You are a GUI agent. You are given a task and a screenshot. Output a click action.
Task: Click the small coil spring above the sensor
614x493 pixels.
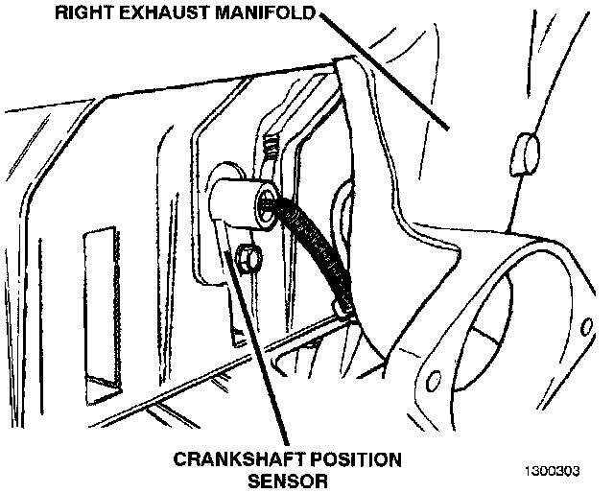[x=272, y=149]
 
